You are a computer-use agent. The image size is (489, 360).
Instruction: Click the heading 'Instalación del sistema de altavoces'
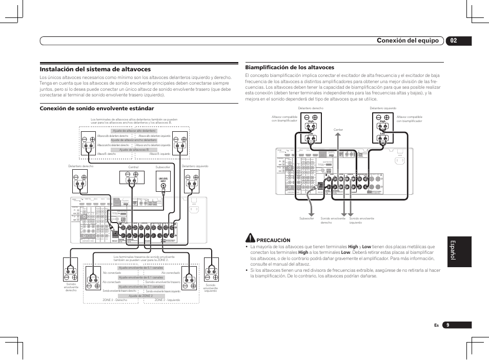tap(95, 69)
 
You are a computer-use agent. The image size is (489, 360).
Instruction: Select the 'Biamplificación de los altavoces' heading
tap(290, 67)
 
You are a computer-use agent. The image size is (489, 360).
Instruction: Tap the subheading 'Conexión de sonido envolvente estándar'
tap(97, 108)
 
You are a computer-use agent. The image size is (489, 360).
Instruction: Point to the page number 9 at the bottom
tap(447, 325)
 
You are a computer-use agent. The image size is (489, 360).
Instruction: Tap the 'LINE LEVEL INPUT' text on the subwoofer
tap(163, 180)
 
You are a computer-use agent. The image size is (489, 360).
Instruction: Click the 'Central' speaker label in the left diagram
tap(133, 167)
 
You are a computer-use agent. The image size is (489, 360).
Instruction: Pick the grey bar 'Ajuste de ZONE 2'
tap(140, 296)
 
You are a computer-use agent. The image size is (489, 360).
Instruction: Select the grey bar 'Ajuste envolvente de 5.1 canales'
tap(140, 268)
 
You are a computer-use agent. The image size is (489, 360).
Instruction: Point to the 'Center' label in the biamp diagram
tap(338, 130)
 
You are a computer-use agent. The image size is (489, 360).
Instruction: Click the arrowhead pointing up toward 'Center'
tap(338, 135)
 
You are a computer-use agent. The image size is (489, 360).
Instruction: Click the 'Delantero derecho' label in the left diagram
tap(81, 167)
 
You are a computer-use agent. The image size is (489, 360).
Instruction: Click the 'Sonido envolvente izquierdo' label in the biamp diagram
tap(362, 221)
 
